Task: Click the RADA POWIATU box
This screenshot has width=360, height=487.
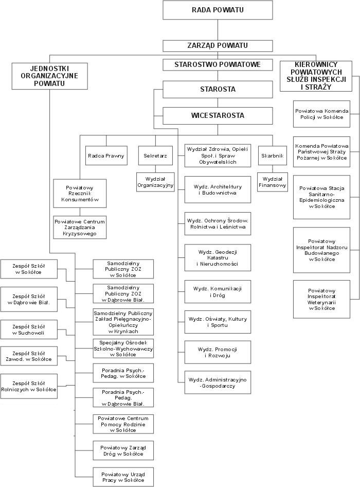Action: (x=218, y=10)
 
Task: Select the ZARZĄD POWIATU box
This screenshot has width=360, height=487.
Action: (x=218, y=46)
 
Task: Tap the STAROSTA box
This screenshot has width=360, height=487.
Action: (x=218, y=90)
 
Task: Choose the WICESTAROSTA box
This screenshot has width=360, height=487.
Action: (x=218, y=115)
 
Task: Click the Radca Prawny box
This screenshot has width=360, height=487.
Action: (x=106, y=155)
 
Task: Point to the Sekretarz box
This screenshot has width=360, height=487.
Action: (x=155, y=155)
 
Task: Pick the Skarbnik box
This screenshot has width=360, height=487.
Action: (x=273, y=155)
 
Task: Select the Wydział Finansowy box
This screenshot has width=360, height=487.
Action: (x=273, y=182)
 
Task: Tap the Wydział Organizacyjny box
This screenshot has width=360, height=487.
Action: (x=155, y=182)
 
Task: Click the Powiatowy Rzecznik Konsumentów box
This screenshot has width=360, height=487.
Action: (x=80, y=194)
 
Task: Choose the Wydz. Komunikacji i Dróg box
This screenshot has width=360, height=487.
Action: (x=218, y=292)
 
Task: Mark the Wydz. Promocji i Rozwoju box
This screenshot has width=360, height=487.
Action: (x=218, y=352)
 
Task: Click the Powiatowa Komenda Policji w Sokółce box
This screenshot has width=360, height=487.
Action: (x=321, y=114)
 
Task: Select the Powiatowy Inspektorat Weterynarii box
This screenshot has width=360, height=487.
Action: (x=321, y=300)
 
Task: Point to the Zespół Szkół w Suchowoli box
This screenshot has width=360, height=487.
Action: (x=29, y=329)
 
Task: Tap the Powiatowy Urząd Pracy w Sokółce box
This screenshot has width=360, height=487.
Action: (x=123, y=477)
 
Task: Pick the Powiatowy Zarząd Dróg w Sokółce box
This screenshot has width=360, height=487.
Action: (x=123, y=450)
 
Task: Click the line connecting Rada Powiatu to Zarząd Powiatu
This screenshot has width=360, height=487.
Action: (x=218, y=30)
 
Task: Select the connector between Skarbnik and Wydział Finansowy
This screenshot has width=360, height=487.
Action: (x=273, y=169)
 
